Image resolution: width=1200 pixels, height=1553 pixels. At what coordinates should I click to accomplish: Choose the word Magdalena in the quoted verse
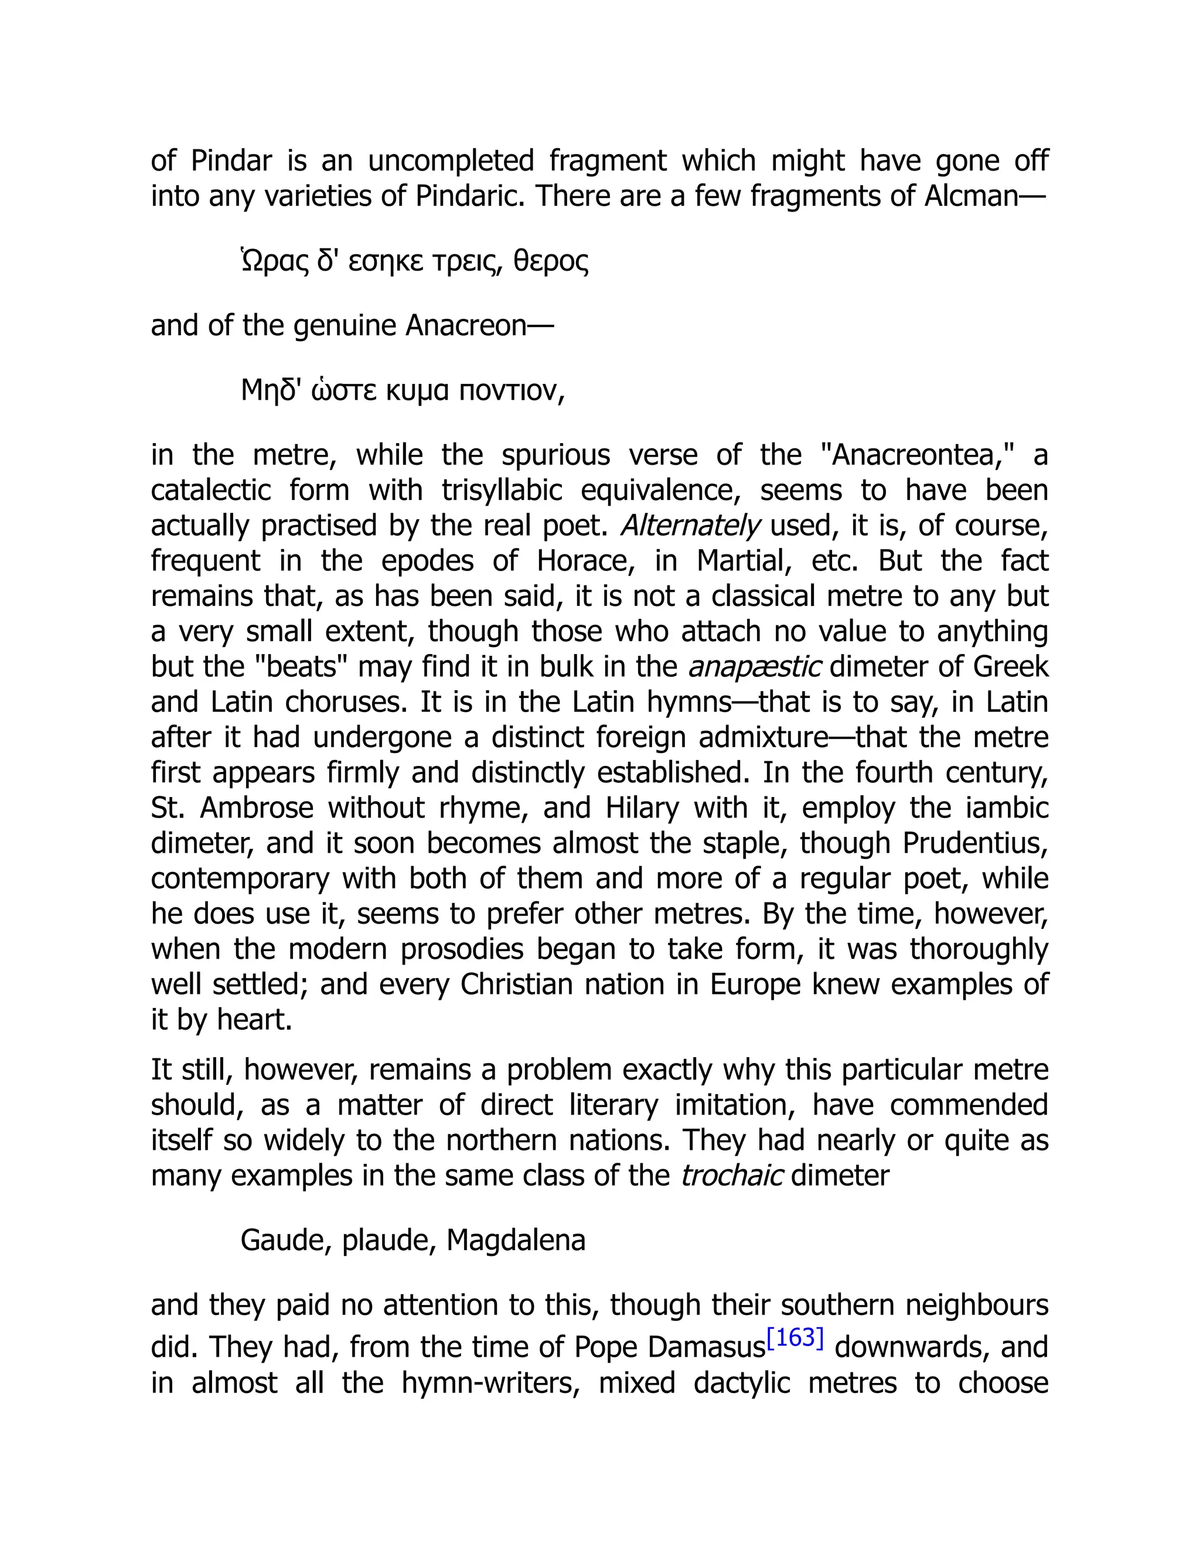(516, 1240)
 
